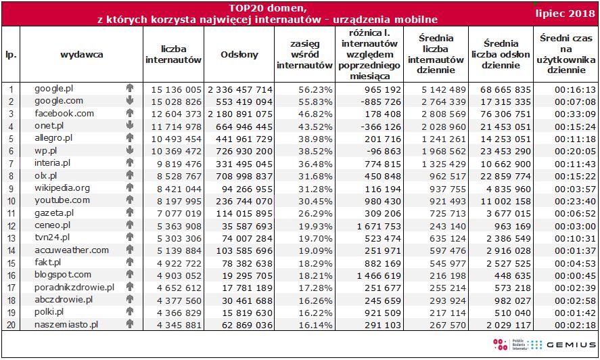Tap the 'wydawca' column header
[x=81, y=55]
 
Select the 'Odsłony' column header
[x=239, y=55]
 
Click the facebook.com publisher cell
[x=64, y=114]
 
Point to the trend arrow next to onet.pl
[x=129, y=126]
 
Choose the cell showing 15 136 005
[x=174, y=89]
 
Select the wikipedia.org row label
[x=62, y=187]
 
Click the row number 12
[x=11, y=225]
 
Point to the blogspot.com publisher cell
[x=63, y=274]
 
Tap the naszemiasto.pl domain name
[x=66, y=324]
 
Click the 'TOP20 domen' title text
[x=267, y=8]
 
